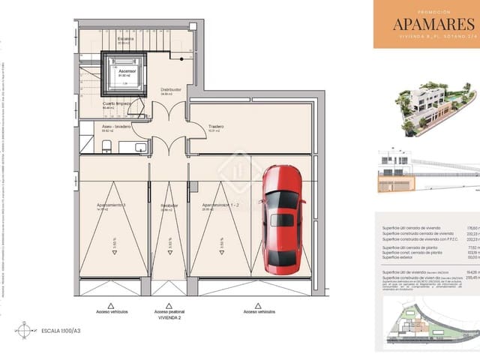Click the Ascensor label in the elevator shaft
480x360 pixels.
(x=125, y=71)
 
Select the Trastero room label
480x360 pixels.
(x=217, y=127)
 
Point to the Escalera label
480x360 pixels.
(x=125, y=37)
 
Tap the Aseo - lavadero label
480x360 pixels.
(x=117, y=127)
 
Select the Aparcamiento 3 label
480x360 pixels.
(x=110, y=204)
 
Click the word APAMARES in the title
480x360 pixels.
(x=427, y=24)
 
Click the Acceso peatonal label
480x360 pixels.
(x=169, y=310)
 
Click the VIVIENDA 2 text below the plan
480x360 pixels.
(x=169, y=317)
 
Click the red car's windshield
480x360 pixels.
(x=283, y=199)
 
